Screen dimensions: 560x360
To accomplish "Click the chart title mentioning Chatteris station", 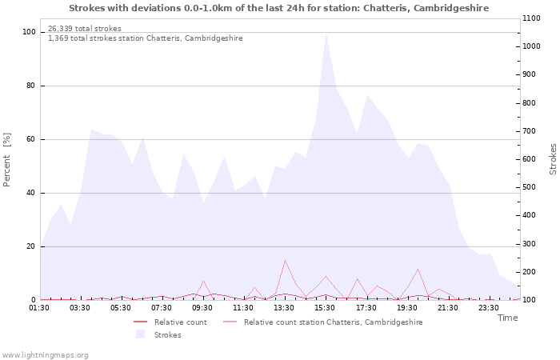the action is coord(278,8).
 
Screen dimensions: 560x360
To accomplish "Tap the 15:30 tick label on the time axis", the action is coord(325,308).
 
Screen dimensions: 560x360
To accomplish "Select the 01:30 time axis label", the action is coord(39,308).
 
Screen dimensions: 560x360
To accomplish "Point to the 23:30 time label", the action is coord(488,308).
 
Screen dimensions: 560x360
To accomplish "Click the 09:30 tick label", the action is coord(202,308).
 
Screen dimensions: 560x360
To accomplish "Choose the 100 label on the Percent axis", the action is coord(29,32).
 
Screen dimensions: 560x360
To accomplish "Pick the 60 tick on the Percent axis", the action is coord(30,139).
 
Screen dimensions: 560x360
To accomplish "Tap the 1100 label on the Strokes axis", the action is coord(531,18).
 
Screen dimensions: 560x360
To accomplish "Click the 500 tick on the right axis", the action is coord(530,187).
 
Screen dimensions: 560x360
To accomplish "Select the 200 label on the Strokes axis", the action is coord(530,272).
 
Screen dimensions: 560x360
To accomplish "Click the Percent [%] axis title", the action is coord(6,160).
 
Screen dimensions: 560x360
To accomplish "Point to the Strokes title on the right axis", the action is coord(553,159).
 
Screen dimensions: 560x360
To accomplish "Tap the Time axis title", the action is coord(507,318).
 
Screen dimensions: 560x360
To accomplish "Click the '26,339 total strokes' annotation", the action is coord(85,29).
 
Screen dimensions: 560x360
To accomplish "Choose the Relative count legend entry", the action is coord(170,322).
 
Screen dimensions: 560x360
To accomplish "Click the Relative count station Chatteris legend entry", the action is coord(323,322).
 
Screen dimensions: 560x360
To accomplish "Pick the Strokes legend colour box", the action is coord(140,334).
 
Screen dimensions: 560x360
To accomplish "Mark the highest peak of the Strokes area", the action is coord(326,34).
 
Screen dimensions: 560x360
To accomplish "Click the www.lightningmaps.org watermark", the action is coord(45,355).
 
